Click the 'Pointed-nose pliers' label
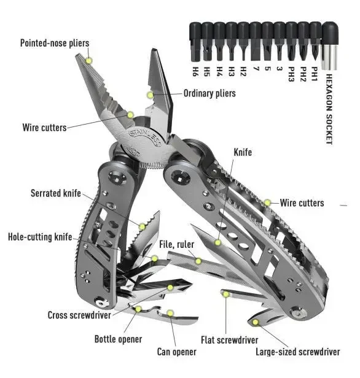pyautogui.click(x=55, y=43)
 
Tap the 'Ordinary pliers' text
pyautogui.click(x=209, y=93)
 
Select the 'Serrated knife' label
pyautogui.click(x=56, y=193)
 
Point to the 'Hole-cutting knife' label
pyautogui.click(x=40, y=237)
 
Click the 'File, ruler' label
pyautogui.click(x=177, y=244)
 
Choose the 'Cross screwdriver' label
pyautogui.click(x=79, y=315)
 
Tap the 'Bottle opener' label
pyautogui.click(x=118, y=339)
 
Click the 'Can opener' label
pyautogui.click(x=177, y=352)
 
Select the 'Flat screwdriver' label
pyautogui.click(x=230, y=340)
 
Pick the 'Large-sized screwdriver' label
pyautogui.click(x=298, y=352)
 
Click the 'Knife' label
pyautogui.click(x=243, y=152)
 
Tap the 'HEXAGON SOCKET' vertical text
pyautogui.click(x=329, y=109)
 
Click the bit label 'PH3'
pyautogui.click(x=291, y=74)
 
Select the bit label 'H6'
pyautogui.click(x=195, y=72)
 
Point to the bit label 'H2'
pyautogui.click(x=243, y=72)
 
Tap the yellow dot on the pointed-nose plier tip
pyautogui.click(x=89, y=61)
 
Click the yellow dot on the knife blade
pyautogui.click(x=218, y=242)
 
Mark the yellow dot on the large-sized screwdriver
pyautogui.click(x=256, y=322)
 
